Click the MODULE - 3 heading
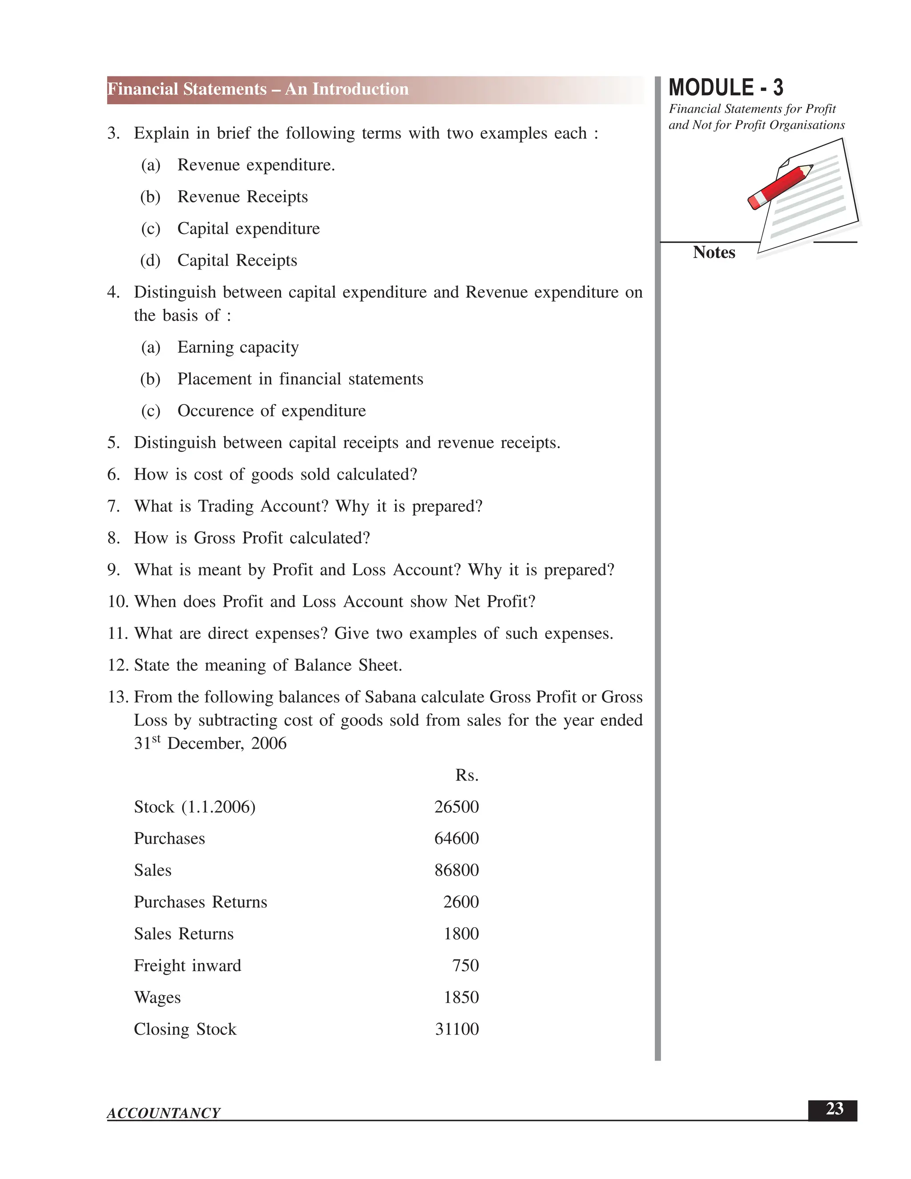pyautogui.click(x=726, y=88)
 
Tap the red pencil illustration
pyautogui.click(x=780, y=187)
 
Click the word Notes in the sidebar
pyautogui.click(x=713, y=253)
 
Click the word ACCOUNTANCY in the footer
pyautogui.click(x=164, y=1113)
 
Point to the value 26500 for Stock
pyautogui.click(x=456, y=807)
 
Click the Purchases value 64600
pyautogui.click(x=456, y=838)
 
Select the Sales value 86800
pyautogui.click(x=456, y=870)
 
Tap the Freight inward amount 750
pyautogui.click(x=465, y=965)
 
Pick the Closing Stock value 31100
pyautogui.click(x=456, y=1029)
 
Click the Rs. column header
pyautogui.click(x=467, y=775)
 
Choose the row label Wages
pyautogui.click(x=157, y=997)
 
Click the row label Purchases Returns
pyautogui.click(x=200, y=902)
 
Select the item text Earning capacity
pyautogui.click(x=238, y=347)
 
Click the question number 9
pyautogui.click(x=113, y=570)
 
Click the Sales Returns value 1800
pyautogui.click(x=461, y=934)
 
